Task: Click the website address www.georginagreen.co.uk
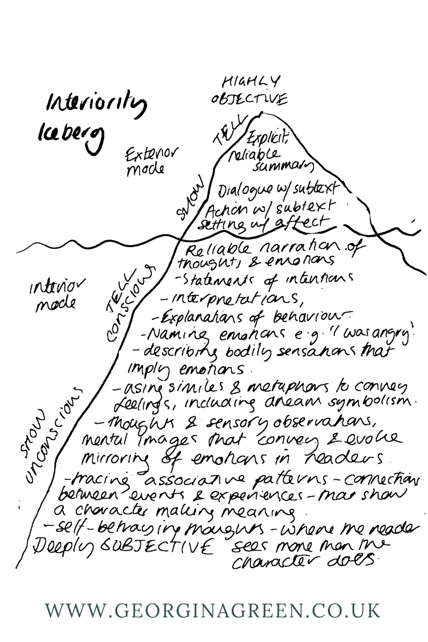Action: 213,610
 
